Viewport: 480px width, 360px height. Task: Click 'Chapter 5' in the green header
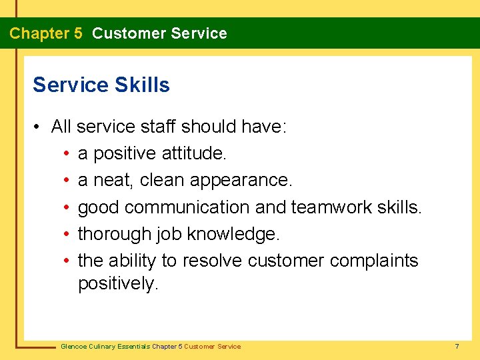(x=46, y=33)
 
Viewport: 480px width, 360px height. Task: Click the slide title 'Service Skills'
(x=101, y=85)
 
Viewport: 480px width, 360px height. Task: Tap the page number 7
(x=457, y=346)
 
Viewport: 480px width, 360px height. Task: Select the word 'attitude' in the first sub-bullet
(x=194, y=154)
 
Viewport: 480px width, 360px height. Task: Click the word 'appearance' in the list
(x=240, y=181)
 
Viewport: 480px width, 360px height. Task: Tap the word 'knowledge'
(x=233, y=234)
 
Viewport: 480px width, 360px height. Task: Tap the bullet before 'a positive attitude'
(x=68, y=154)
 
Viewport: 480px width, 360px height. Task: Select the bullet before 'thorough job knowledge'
(x=68, y=234)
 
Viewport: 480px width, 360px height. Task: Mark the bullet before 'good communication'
(x=68, y=207)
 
